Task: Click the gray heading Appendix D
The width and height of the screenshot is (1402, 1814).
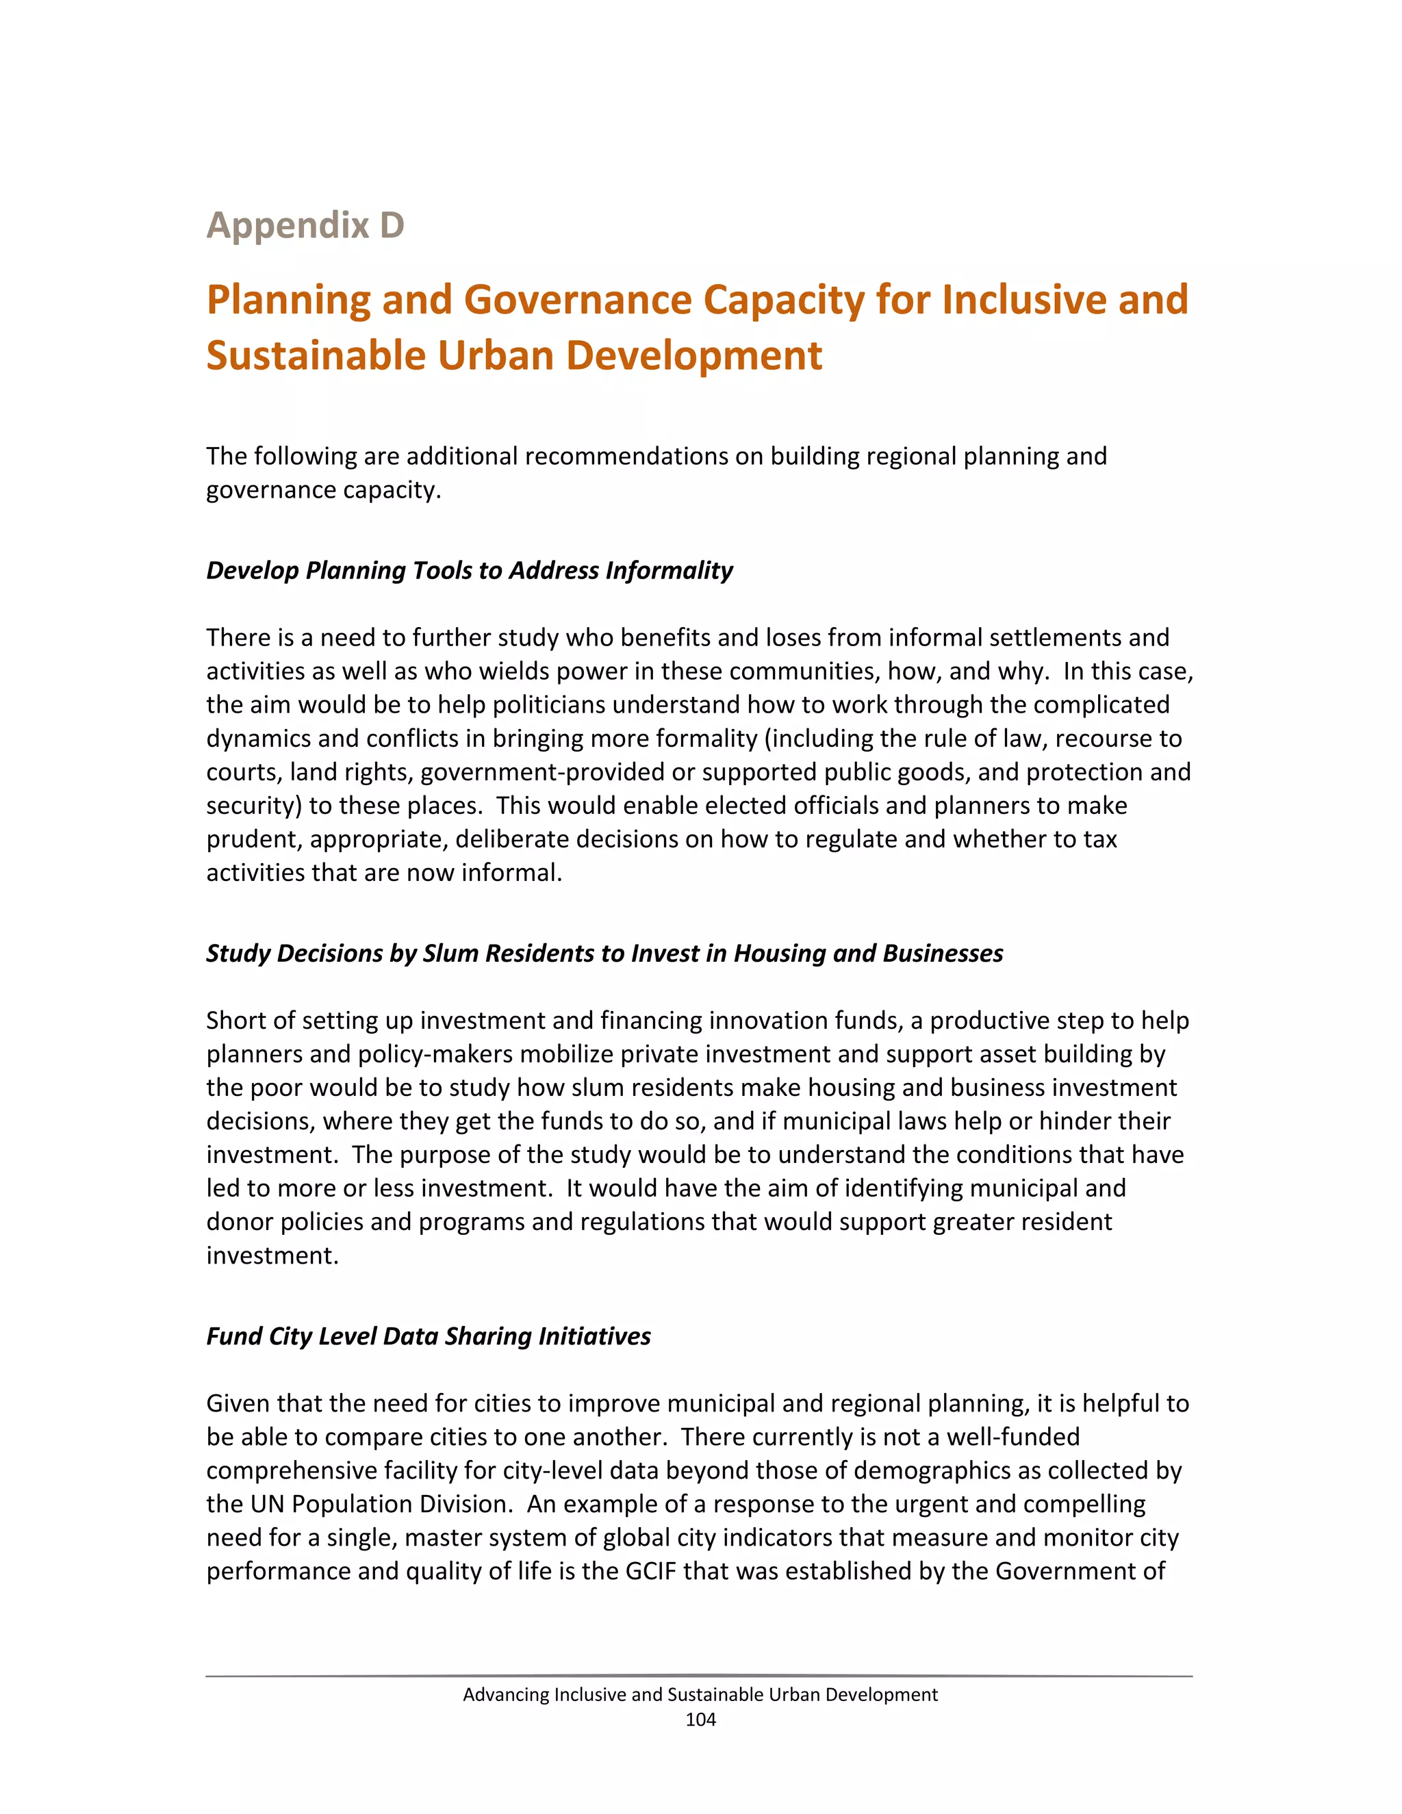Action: point(305,225)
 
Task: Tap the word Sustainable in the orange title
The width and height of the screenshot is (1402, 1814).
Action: point(315,355)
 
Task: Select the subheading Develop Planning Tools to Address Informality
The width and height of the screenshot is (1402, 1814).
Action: point(469,571)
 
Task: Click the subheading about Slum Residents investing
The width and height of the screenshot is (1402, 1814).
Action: point(604,953)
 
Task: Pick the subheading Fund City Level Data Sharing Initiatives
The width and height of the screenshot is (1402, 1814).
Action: point(428,1336)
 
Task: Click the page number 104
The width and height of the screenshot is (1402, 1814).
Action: point(700,1720)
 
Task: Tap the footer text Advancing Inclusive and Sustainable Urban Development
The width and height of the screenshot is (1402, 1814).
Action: point(700,1694)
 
